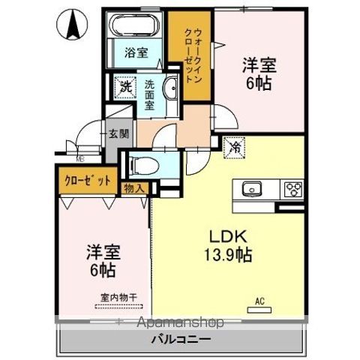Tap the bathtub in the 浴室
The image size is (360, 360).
134,25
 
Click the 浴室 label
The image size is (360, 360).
136,53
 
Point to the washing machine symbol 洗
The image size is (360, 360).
124,86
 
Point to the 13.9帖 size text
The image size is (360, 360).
225,253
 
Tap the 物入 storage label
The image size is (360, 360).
133,188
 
